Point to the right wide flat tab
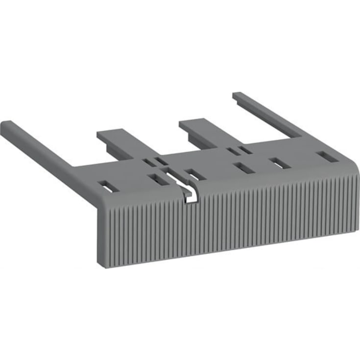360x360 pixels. click(206, 130)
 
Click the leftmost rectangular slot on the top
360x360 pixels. click(106, 186)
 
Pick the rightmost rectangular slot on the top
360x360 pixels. click(324, 156)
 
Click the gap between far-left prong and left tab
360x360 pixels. click(78, 147)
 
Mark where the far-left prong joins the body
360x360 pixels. click(73, 169)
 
